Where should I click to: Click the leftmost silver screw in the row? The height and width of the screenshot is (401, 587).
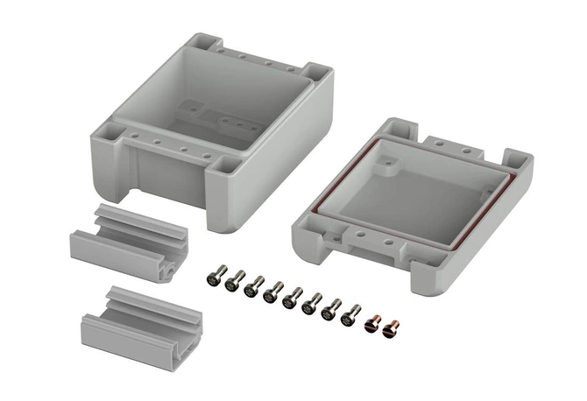tap(215, 278)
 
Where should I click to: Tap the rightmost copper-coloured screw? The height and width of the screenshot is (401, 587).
tap(392, 328)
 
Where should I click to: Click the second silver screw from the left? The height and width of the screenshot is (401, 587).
tap(234, 282)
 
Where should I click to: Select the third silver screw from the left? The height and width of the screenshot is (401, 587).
tap(254, 286)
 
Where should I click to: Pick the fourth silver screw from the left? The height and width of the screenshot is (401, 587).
tap(273, 292)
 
